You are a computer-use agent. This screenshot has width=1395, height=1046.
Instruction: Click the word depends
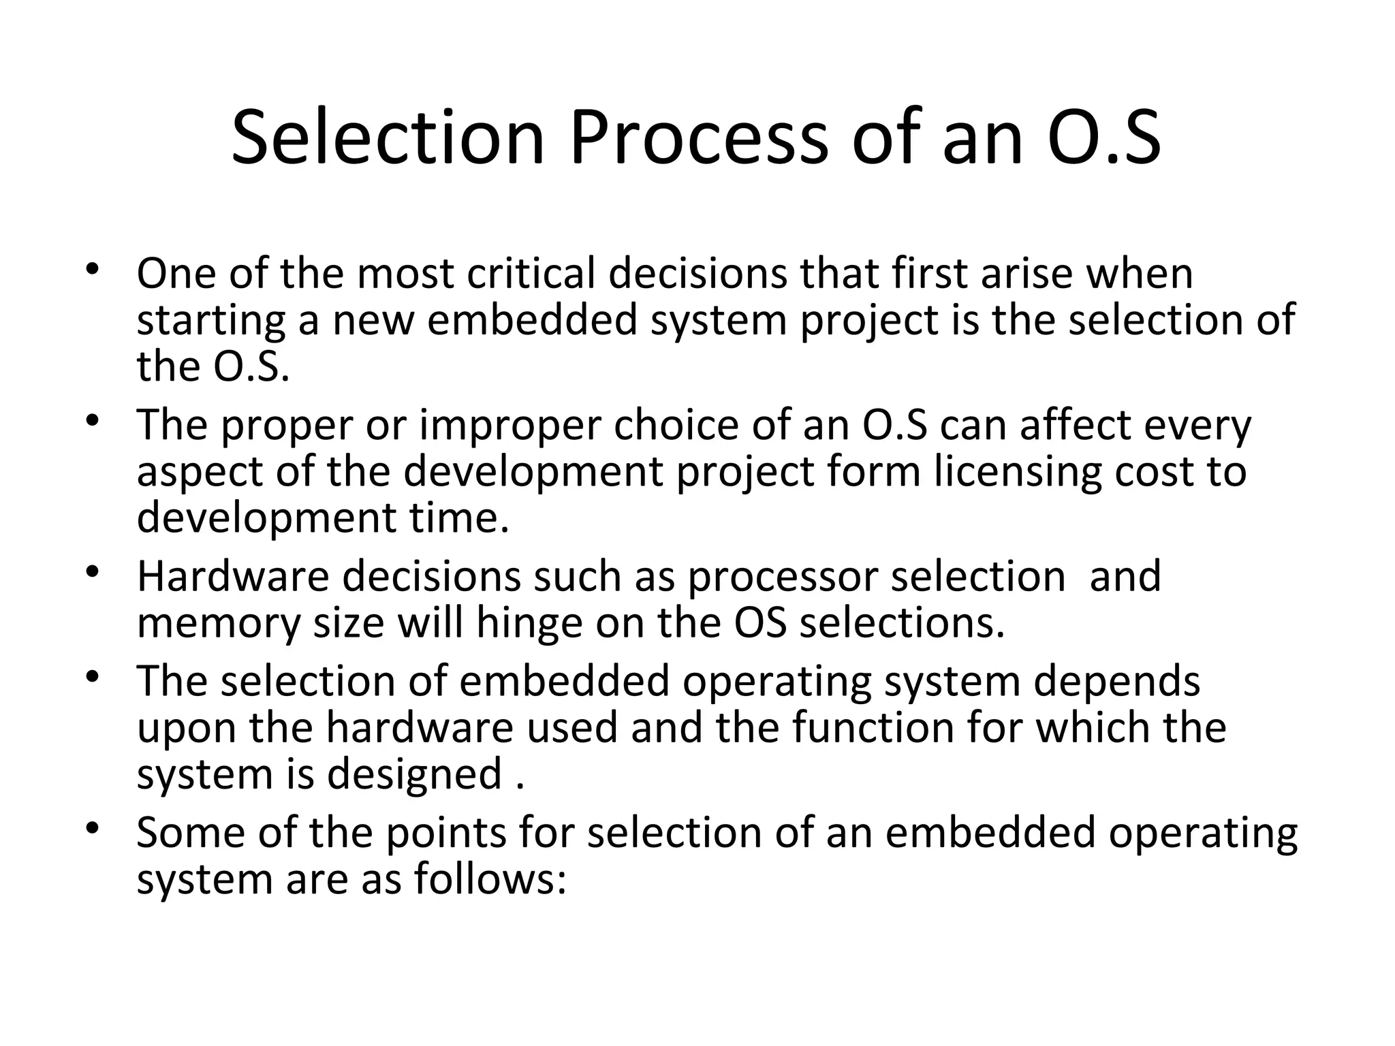(x=1116, y=681)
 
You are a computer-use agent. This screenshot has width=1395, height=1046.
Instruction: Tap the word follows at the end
(x=490, y=879)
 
